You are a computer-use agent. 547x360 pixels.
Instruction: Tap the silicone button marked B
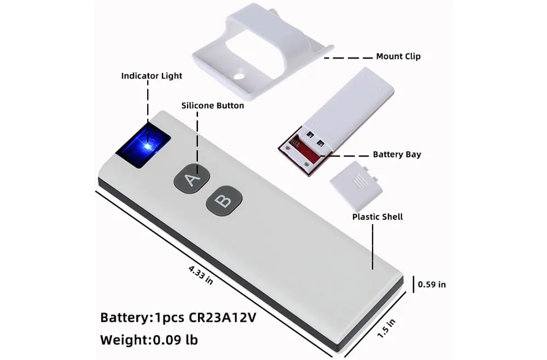point(223,201)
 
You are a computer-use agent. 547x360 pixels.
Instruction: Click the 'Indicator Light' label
point(152,76)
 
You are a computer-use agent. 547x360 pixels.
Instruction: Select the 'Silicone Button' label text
point(212,105)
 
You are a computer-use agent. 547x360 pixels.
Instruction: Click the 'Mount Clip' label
point(398,56)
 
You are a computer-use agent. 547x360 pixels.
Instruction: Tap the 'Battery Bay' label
point(397,155)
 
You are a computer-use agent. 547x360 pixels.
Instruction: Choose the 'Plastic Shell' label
point(377,217)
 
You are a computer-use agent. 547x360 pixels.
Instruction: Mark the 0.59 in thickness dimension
point(432,284)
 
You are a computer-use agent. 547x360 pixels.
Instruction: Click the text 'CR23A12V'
point(222,318)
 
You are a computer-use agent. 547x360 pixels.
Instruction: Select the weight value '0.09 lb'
point(175,340)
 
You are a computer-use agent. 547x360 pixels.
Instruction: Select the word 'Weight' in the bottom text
point(123,340)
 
